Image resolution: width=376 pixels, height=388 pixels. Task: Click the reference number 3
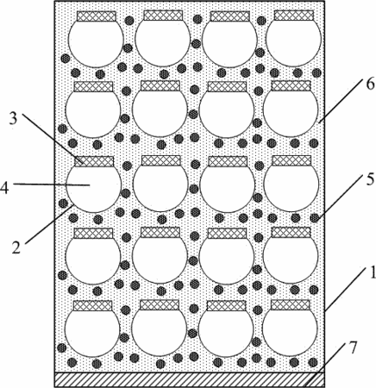point(13,119)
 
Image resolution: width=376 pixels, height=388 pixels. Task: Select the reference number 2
point(16,247)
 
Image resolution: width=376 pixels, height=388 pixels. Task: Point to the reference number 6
point(370,84)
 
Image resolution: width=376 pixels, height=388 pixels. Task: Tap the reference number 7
point(352,347)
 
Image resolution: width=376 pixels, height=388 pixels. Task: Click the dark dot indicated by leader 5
point(315,218)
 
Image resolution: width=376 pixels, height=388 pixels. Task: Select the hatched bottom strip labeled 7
point(190,379)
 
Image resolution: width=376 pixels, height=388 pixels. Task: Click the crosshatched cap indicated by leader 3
point(94,161)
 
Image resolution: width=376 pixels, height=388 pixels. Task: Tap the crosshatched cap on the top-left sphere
point(97,16)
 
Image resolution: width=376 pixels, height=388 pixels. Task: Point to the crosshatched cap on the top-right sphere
point(294,16)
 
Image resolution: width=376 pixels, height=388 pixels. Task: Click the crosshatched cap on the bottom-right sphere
point(291,305)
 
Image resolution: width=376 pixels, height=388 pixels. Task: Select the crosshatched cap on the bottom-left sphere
point(92,305)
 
